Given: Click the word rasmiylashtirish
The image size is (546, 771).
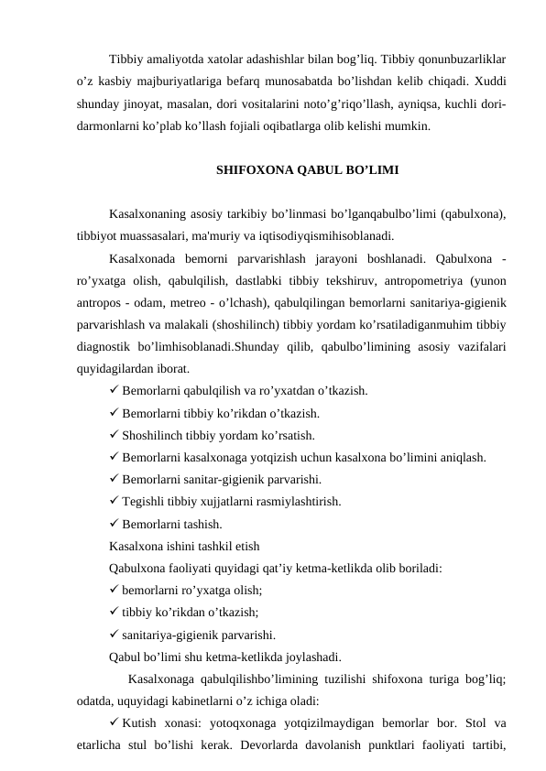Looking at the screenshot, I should tap(299, 502).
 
